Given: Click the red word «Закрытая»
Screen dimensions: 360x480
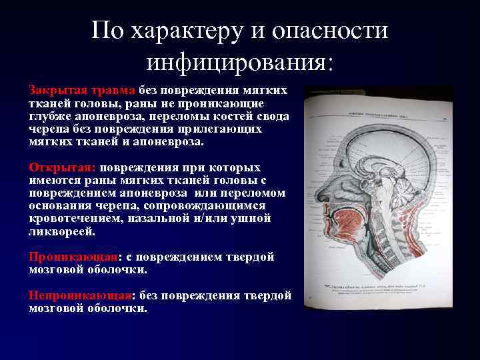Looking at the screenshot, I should point(55,90).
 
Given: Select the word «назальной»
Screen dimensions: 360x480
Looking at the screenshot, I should point(172,219).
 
